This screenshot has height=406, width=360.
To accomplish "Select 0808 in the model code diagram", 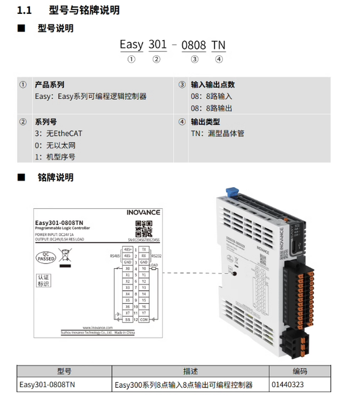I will pos(193,45).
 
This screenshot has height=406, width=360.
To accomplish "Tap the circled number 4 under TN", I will pos(219,60).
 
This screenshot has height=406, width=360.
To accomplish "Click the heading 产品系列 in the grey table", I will pos(49,84).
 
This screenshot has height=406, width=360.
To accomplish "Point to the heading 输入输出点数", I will pos(213,84).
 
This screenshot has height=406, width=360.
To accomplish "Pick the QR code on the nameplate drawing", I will pos(144,227).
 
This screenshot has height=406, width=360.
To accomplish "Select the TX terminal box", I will pos(144,250).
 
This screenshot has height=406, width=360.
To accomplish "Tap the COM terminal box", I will pos(144,319).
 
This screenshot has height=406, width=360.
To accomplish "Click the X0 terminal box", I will pos(128,269).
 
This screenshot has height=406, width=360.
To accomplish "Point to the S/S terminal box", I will pos(128,319).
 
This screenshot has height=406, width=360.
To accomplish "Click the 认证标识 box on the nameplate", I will pos(44,281).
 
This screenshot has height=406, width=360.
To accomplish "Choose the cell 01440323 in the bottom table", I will pos(288,385).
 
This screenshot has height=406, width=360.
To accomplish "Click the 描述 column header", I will pos(190,371).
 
